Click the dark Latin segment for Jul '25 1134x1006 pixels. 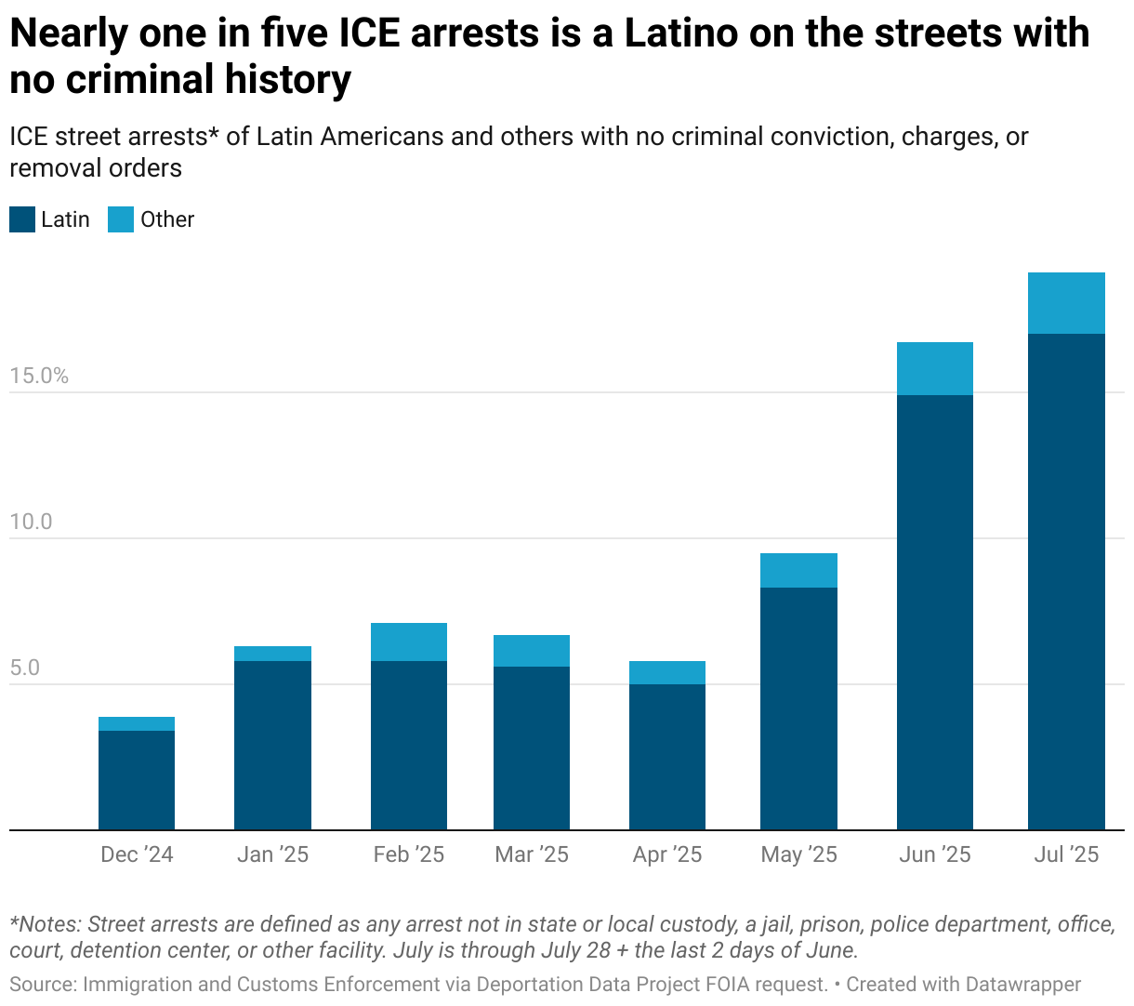pos(1066,581)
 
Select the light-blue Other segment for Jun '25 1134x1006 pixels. pos(934,369)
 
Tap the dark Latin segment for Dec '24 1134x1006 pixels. pos(137,780)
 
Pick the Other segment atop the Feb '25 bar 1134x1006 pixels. pos(409,642)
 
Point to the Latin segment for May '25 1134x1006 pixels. pos(798,708)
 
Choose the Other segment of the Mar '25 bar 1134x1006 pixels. pos(532,651)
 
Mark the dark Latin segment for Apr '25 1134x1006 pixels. pos(667,757)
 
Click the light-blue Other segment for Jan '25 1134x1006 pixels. pos(272,654)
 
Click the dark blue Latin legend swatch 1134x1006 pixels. pos(22,219)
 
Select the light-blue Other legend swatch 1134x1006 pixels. pos(121,219)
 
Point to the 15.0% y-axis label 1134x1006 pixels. pos(39,376)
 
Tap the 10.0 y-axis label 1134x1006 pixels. pos(31,522)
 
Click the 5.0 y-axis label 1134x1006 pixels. pos(25,668)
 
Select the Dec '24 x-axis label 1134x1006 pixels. pos(137,854)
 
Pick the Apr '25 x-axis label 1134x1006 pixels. pos(667,854)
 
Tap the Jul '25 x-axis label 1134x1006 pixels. pos(1066,854)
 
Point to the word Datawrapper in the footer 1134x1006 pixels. pos(1022,984)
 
